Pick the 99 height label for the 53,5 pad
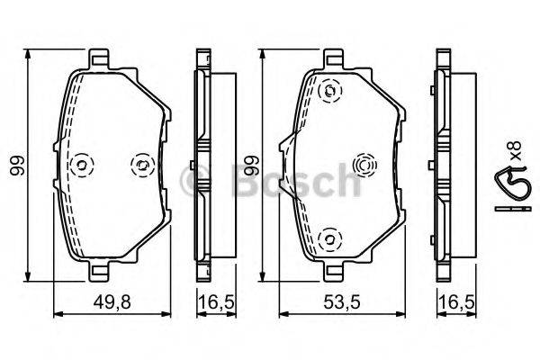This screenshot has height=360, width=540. [255, 167]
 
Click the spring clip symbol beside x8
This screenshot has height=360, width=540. [510, 184]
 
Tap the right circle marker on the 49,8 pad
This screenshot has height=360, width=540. [140, 164]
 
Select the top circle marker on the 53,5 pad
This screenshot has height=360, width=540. [330, 90]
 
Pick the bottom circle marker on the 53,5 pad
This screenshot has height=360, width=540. [330, 238]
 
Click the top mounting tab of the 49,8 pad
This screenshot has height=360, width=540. [108, 60]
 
